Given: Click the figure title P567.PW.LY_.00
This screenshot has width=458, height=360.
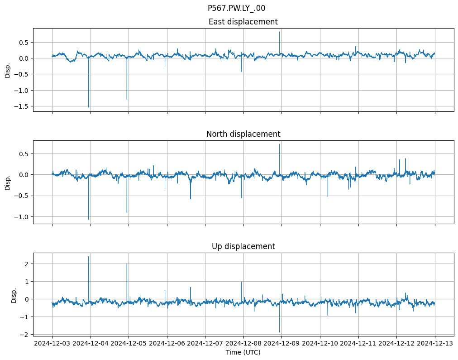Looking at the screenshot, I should pos(237,8).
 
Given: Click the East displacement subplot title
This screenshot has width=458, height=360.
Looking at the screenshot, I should pos(243,22).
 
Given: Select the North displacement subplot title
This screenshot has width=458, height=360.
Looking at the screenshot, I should pos(243,134).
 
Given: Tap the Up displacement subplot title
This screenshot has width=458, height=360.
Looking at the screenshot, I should pos(243,246).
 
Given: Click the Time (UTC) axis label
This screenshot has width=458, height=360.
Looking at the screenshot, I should pos(243,352).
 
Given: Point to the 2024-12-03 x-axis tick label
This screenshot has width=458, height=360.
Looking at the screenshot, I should pos(52,344).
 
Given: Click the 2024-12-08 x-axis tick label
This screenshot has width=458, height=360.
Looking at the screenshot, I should pos(243,344).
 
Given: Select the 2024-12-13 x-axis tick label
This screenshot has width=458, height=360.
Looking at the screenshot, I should pos(435,344).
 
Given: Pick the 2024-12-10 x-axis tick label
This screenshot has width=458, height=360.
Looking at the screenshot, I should pos(320,344).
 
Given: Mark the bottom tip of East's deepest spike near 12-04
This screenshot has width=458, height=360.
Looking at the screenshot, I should pos(89,107).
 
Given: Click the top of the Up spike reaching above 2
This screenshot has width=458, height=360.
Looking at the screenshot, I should pos(89,257).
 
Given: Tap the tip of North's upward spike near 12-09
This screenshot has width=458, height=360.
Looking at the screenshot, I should pos(279,144).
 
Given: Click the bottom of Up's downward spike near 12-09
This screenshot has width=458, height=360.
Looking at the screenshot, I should pos(279,332).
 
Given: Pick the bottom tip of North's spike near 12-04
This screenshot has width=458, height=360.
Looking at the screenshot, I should pos(89,220).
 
